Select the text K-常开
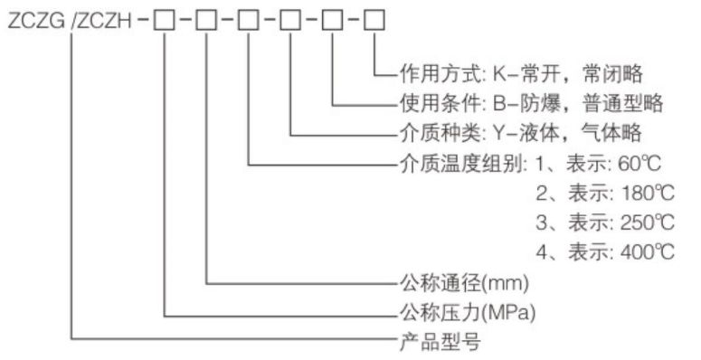tap(524, 74)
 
